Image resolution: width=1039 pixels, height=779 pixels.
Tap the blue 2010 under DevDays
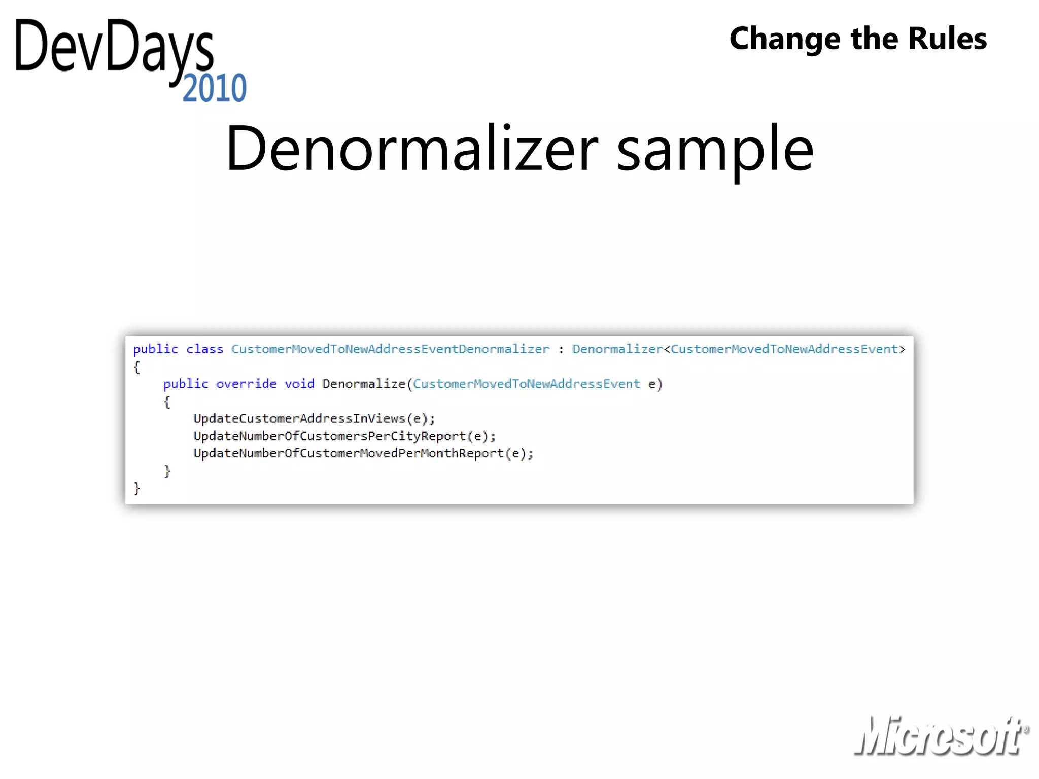click(214, 88)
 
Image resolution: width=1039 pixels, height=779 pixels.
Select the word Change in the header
click(784, 39)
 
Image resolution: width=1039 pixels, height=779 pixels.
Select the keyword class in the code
click(204, 349)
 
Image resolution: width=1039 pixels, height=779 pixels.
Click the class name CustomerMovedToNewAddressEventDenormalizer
click(390, 349)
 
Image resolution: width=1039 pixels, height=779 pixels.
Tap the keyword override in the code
click(246, 384)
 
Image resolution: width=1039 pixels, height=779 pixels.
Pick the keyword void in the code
click(299, 384)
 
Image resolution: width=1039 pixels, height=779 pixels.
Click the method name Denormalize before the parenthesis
click(363, 384)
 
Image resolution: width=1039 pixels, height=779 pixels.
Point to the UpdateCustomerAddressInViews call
click(314, 418)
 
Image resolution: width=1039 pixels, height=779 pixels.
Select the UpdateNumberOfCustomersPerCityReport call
click(344, 436)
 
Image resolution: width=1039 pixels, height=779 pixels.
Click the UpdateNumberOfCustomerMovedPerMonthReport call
click(363, 453)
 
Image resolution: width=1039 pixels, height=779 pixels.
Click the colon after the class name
click(561, 350)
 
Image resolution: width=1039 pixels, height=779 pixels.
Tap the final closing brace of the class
click(136, 488)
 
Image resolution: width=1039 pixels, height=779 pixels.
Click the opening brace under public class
click(136, 367)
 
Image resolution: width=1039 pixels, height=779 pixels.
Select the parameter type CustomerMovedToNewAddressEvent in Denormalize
click(527, 384)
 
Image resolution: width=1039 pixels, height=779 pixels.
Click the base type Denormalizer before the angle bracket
click(617, 349)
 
